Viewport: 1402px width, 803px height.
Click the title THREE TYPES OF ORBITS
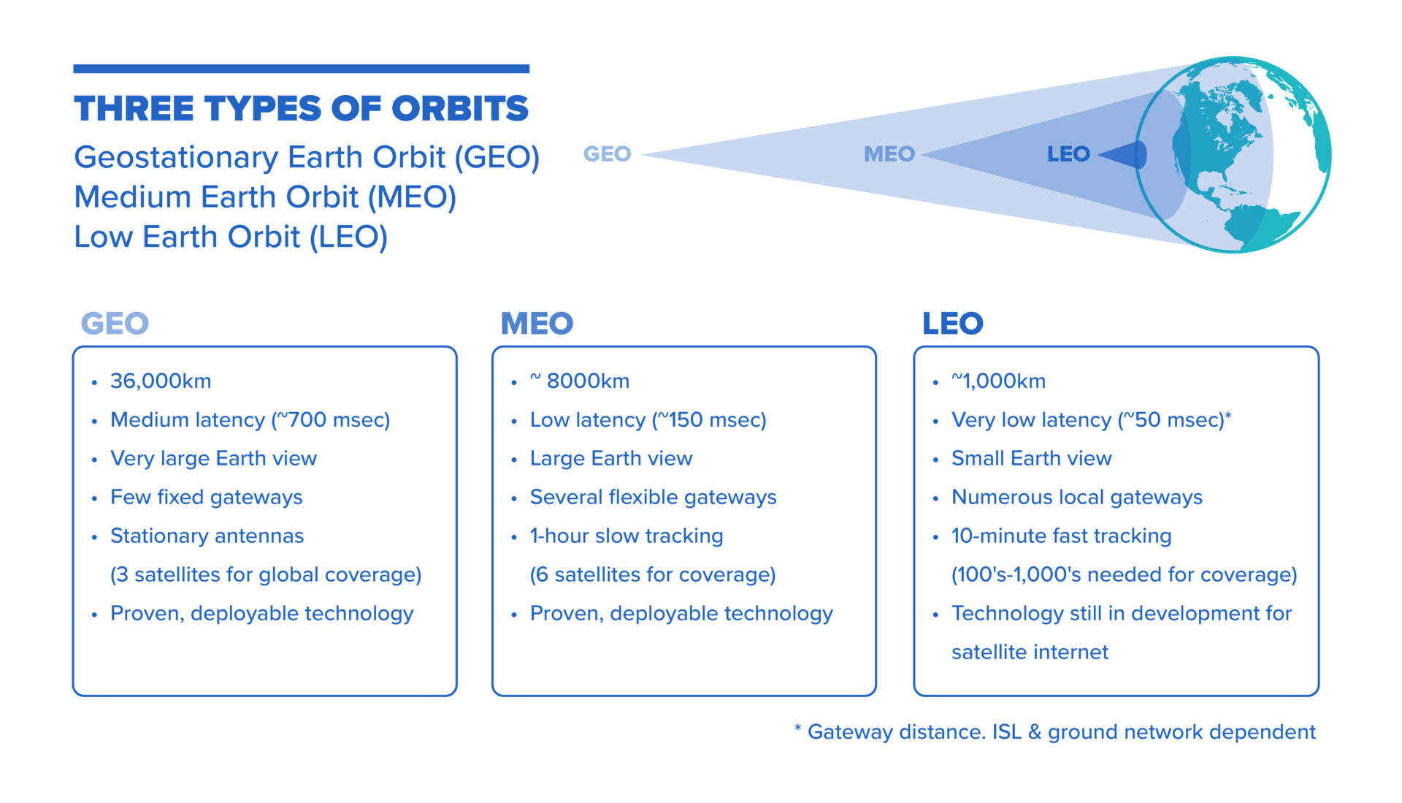[x=301, y=109]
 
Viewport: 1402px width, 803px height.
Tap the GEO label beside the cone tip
[x=607, y=154]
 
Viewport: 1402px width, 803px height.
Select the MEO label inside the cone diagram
[x=889, y=154]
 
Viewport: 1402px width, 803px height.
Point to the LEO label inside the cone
[x=1068, y=154]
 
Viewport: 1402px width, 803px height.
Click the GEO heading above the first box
[x=115, y=323]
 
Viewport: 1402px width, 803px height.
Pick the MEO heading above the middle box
[x=537, y=323]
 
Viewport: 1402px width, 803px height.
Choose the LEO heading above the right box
[x=953, y=323]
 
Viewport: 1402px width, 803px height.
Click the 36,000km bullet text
[x=161, y=381]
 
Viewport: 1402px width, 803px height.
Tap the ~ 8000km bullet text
[x=580, y=381]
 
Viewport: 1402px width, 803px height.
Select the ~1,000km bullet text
[x=998, y=381]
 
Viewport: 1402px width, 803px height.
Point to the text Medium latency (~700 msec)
[x=250, y=420]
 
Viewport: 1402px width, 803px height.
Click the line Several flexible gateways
[x=654, y=498]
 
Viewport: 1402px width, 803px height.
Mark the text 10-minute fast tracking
[x=1062, y=536]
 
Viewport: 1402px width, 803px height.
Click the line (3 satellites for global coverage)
[x=266, y=575]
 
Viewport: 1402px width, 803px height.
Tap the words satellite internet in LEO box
[x=1030, y=652]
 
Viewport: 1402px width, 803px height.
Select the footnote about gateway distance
[x=1055, y=732]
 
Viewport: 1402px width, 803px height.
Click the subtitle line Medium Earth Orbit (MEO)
[x=265, y=197]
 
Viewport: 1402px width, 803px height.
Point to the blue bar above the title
[x=302, y=69]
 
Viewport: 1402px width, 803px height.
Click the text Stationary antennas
[x=207, y=536]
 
